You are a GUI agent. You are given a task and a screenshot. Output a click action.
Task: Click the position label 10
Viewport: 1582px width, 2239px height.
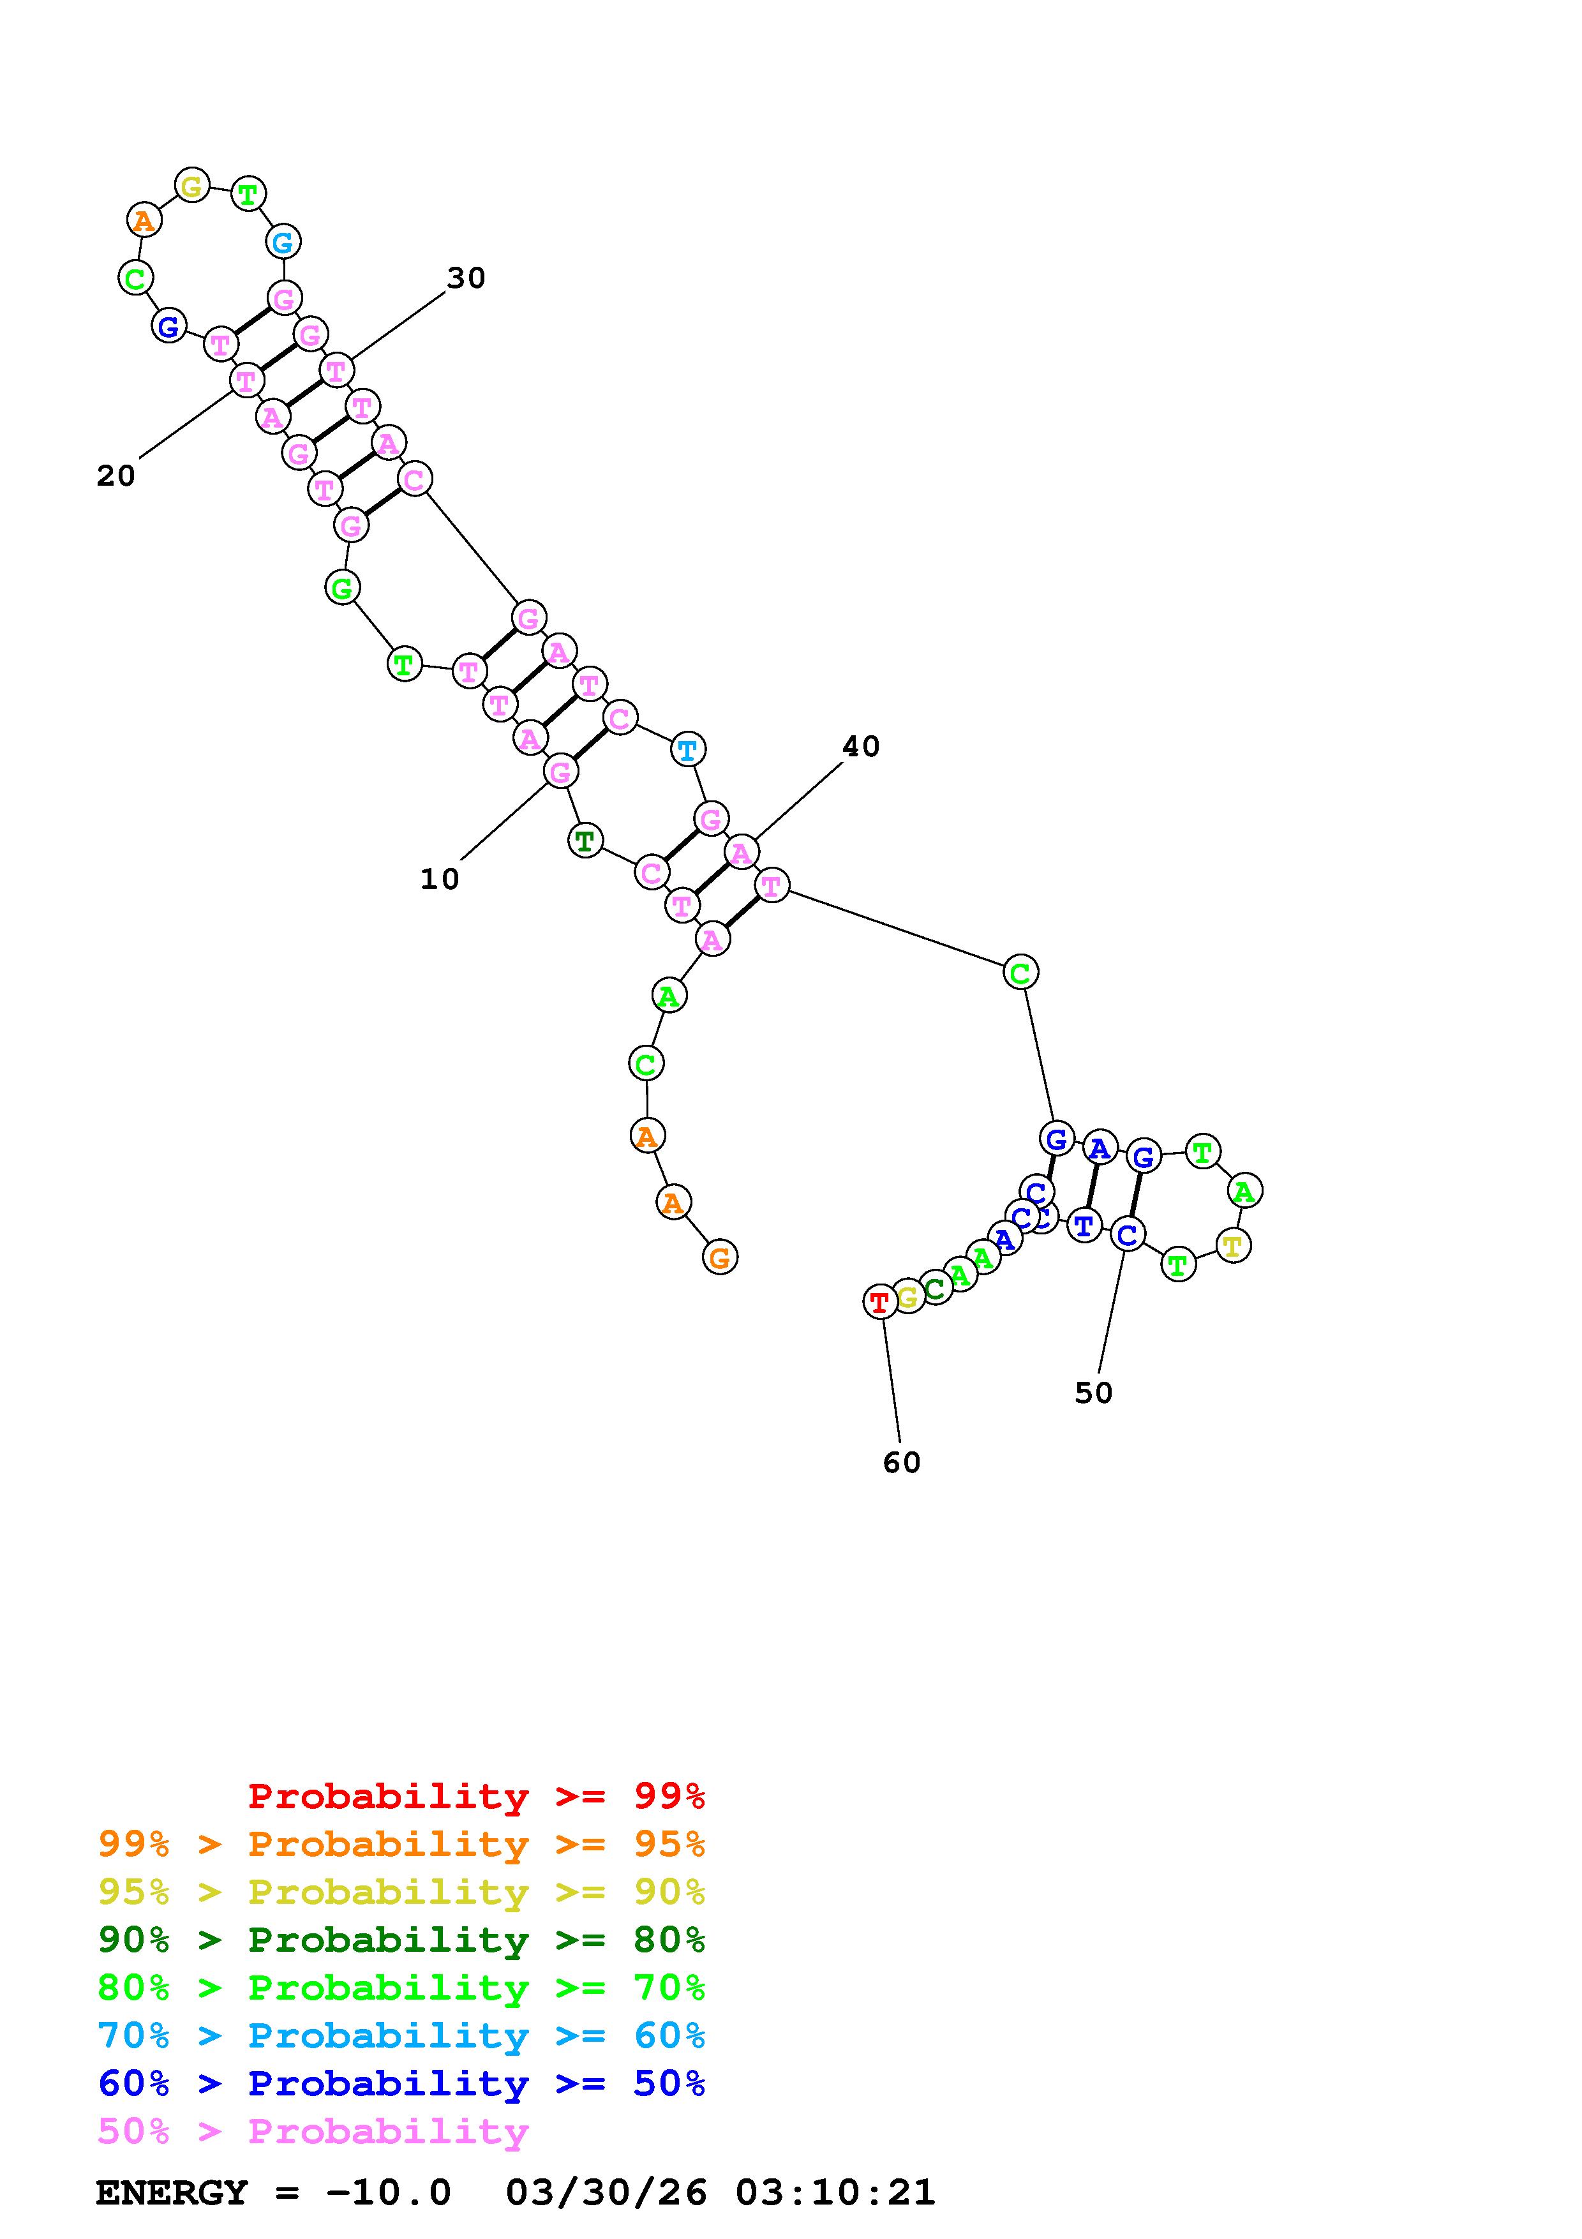click(440, 879)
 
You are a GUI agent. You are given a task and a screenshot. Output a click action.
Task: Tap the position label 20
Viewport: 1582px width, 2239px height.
click(116, 476)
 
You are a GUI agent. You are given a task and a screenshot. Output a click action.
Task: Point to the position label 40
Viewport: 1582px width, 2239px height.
click(861, 746)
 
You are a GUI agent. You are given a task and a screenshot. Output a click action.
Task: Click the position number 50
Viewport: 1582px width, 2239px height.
click(1094, 1393)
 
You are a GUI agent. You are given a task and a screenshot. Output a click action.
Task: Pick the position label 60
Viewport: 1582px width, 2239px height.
click(902, 1463)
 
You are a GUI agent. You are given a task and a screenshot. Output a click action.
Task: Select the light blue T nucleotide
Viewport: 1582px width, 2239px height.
click(688, 750)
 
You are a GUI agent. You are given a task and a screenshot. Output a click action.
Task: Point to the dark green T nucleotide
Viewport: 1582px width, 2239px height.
click(585, 840)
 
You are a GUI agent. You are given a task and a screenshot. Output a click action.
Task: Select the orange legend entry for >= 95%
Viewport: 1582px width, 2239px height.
click(401, 1844)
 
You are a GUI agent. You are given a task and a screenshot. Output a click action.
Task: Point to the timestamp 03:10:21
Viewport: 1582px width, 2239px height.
click(835, 2192)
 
